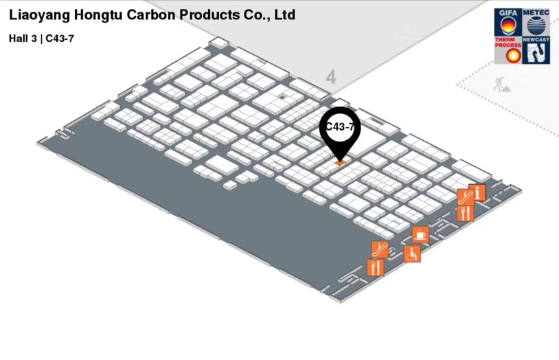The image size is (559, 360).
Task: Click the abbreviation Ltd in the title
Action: click(284, 14)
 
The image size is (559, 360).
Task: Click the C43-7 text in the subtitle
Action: click(60, 38)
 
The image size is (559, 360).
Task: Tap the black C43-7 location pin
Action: click(339, 130)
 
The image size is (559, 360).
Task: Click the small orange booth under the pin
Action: click(340, 163)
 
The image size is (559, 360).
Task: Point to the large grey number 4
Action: click(331, 77)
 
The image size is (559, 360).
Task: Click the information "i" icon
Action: click(478, 192)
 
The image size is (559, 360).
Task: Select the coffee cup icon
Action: click(420, 234)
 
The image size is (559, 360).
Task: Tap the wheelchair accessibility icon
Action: click(412, 254)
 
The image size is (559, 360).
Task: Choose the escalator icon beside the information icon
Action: click(466, 197)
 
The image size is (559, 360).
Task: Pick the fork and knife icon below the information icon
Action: click(466, 213)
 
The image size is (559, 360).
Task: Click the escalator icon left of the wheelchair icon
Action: click(380, 249)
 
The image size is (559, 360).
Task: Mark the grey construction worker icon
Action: click(499, 85)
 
